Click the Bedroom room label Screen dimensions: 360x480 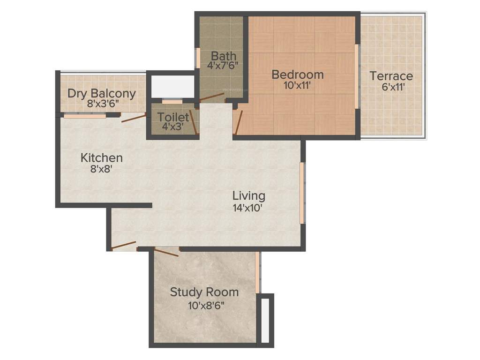click(x=298, y=75)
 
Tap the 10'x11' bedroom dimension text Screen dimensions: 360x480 click(x=297, y=85)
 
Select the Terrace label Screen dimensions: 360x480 click(x=391, y=76)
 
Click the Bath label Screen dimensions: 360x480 click(x=224, y=56)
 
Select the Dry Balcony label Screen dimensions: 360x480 click(x=102, y=93)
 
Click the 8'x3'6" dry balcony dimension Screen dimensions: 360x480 click(x=102, y=104)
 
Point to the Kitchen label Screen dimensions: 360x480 click(x=102, y=157)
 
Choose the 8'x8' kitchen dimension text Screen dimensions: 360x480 click(x=101, y=168)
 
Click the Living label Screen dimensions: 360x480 click(x=249, y=195)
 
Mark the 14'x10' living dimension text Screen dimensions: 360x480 click(x=247, y=207)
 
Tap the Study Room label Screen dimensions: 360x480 click(x=204, y=292)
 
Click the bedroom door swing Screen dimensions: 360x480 click(x=239, y=122)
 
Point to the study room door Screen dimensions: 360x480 click(x=166, y=253)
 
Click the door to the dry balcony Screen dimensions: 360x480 click(x=133, y=118)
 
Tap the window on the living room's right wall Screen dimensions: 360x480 click(x=302, y=193)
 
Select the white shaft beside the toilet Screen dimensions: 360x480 click(x=171, y=85)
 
